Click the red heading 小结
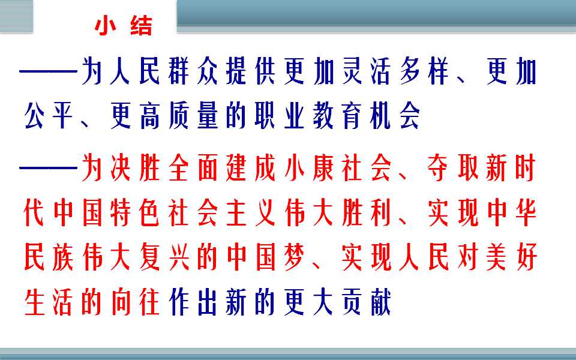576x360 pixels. click(x=124, y=26)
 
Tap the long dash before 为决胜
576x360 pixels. click(x=48, y=168)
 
